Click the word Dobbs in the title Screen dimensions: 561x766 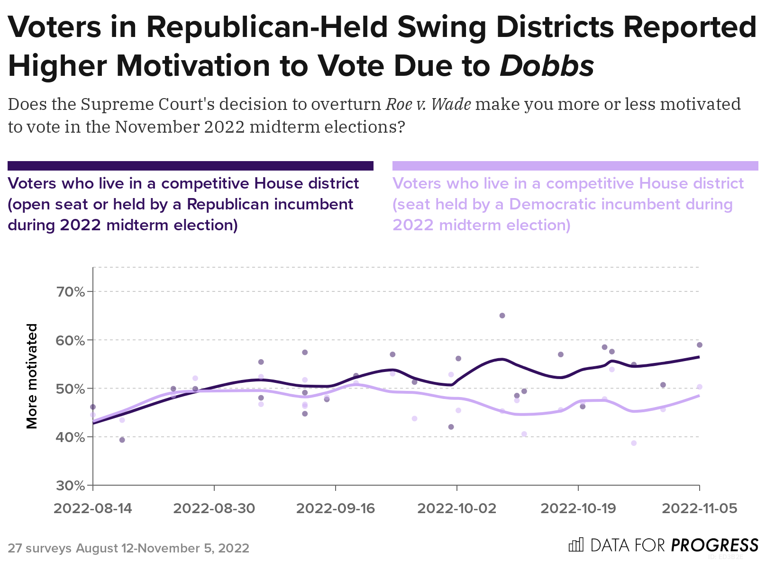pos(547,66)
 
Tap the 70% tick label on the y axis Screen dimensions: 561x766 pos(71,292)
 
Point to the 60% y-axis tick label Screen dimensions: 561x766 pos(71,341)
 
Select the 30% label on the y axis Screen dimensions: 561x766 pos(71,486)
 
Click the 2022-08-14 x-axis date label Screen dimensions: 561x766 pos(93,508)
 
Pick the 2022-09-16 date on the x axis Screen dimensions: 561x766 pos(336,508)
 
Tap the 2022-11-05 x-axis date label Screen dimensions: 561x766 pos(700,508)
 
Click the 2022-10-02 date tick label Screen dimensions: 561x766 pos(457,508)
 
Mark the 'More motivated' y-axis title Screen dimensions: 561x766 pos(32,376)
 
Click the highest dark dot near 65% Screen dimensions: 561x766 pos(502,316)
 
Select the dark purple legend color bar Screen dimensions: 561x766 pos(191,166)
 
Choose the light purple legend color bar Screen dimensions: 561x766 pos(575,166)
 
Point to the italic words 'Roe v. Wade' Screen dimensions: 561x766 pos(429,104)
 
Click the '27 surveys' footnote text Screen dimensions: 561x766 pos(40,548)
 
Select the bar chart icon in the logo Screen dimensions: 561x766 pos(576,545)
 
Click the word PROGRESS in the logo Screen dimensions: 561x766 pos(714,545)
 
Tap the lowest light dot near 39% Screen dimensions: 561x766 pos(634,443)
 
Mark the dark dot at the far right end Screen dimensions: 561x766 pos(700,345)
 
